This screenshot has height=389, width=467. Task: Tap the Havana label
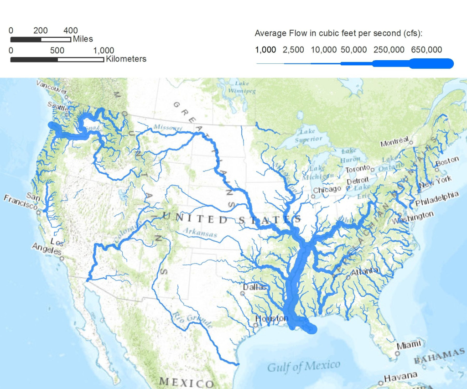400,377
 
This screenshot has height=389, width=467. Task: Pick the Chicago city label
327,189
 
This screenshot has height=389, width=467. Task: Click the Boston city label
447,161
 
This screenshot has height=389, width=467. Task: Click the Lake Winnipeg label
245,87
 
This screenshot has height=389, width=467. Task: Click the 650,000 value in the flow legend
426,50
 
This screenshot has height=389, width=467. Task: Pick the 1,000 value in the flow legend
265,50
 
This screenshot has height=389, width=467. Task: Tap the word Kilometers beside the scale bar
126,59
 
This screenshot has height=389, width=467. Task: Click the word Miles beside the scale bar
83,39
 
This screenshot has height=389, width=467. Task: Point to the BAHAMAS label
440,357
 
